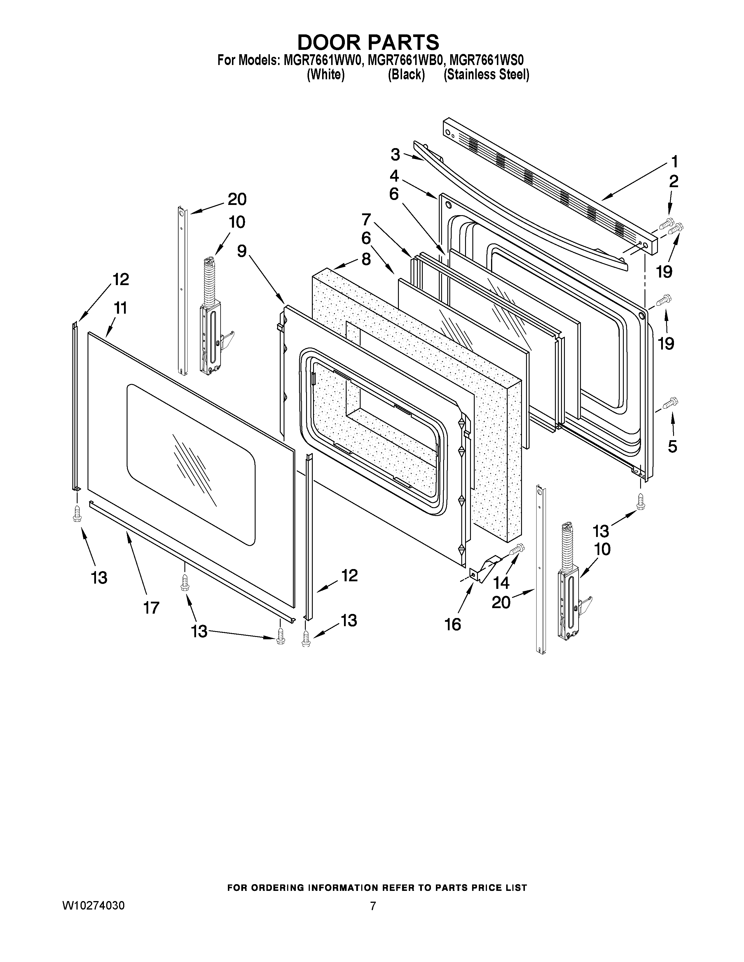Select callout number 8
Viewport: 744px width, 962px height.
(366, 259)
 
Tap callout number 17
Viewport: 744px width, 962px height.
(151, 608)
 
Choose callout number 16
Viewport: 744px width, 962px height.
(453, 624)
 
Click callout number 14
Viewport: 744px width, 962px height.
(501, 583)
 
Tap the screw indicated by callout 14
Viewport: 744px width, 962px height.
(516, 549)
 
